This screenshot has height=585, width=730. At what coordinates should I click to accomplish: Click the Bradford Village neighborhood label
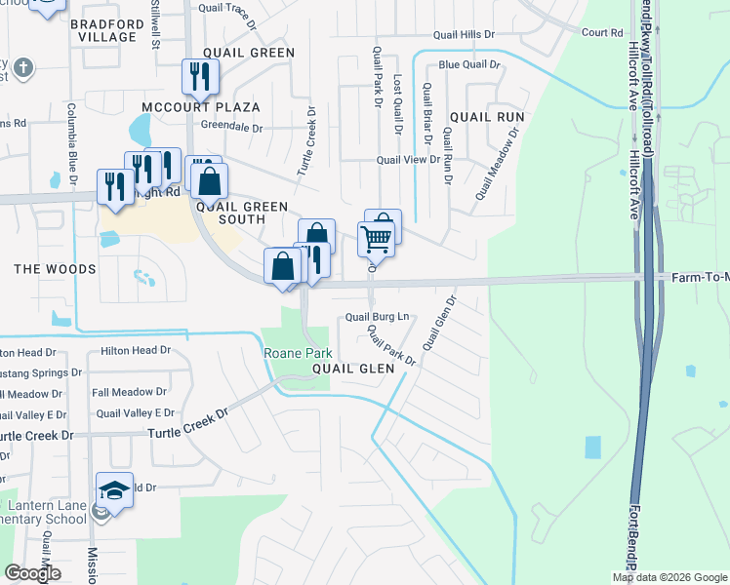pyautogui.click(x=107, y=28)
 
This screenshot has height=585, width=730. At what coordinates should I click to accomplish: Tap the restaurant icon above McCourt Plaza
pyautogui.click(x=200, y=77)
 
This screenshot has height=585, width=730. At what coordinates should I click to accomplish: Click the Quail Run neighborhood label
pyautogui.click(x=487, y=117)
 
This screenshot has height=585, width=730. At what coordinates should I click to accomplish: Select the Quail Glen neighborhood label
pyautogui.click(x=353, y=369)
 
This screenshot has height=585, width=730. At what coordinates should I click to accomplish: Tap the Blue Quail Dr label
pyautogui.click(x=468, y=64)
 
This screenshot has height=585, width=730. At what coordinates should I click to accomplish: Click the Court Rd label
pyautogui.click(x=601, y=32)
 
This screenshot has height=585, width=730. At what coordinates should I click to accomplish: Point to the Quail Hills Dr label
pyautogui.click(x=463, y=34)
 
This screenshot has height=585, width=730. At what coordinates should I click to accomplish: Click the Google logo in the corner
pyautogui.click(x=32, y=573)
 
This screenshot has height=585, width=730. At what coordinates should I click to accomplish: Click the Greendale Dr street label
pyautogui.click(x=232, y=127)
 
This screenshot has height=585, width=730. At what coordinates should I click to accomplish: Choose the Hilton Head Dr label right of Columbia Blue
pyautogui.click(x=136, y=350)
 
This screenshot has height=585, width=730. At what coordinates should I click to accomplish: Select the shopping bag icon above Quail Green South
pyautogui.click(x=209, y=181)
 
